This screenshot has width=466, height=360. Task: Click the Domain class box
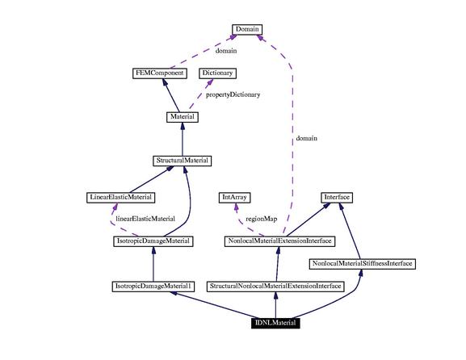tap(247, 29)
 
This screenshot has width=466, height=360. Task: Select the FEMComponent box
tap(160, 73)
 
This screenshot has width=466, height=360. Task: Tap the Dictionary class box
tap(217, 73)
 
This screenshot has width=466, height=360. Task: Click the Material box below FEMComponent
tap(183, 117)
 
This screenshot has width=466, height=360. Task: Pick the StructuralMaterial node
tap(183, 161)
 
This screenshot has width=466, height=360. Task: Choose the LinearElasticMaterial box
tap(120, 197)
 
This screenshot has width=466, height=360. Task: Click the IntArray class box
tap(234, 197)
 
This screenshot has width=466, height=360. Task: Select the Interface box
tap(337, 197)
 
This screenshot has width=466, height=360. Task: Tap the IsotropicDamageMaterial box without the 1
tap(153, 241)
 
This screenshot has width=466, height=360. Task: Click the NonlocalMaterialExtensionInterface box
tap(279, 241)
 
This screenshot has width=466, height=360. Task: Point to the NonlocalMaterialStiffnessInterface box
tap(363, 264)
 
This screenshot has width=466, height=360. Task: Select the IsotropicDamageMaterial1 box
tap(153, 287)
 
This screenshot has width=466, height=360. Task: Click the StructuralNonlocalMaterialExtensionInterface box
tap(275, 287)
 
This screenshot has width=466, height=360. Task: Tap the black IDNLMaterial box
tap(275, 323)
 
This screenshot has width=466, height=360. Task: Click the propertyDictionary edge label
tap(233, 94)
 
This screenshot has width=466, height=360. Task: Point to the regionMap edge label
tap(262, 219)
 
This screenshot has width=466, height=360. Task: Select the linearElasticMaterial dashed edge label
tap(145, 219)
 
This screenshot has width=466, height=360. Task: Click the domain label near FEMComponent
tap(226, 51)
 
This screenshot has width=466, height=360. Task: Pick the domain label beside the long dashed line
tap(307, 138)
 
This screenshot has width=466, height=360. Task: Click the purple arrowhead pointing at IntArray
tap(236, 207)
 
